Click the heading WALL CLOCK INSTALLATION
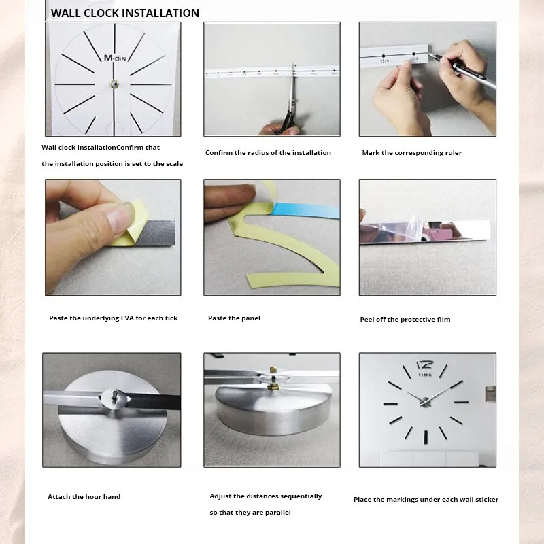click(x=125, y=13)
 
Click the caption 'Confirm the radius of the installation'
click(x=268, y=153)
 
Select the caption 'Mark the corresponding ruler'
click(x=411, y=153)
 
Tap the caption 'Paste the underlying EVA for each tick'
click(x=113, y=318)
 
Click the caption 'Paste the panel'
click(x=234, y=318)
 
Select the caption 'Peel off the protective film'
click(x=405, y=320)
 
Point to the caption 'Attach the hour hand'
click(x=84, y=497)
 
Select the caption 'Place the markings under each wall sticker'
click(x=426, y=500)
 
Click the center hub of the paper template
click(x=114, y=84)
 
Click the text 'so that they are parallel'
click(x=250, y=513)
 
